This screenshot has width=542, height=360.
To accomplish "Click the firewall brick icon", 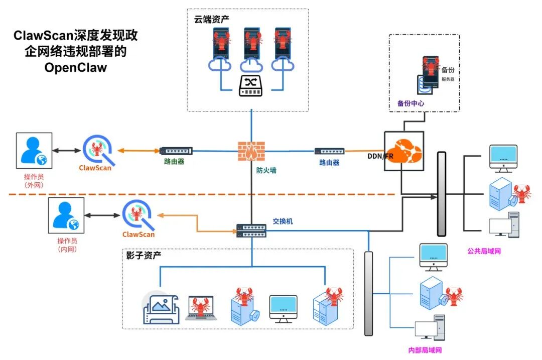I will [251, 151].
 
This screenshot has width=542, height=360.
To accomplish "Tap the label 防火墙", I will [266, 170].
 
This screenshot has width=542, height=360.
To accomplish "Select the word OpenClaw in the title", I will [75, 67].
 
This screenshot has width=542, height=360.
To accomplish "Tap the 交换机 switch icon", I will [251, 230].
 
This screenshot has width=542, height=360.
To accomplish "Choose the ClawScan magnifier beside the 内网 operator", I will [139, 215].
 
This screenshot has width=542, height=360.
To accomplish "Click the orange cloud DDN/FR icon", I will [404, 151].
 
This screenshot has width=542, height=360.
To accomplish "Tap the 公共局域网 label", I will [484, 251].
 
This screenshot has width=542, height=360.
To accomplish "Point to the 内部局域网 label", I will [425, 350].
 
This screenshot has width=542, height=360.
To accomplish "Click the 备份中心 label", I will [411, 103].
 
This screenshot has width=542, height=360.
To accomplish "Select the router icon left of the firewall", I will [176, 151].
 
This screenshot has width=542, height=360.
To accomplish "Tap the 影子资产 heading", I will [144, 255].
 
